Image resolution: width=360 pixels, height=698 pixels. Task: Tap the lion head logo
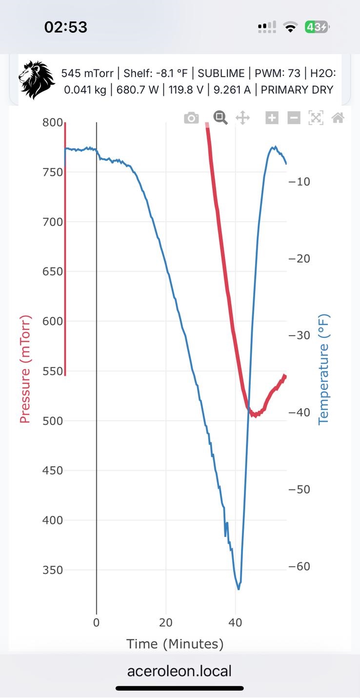37,81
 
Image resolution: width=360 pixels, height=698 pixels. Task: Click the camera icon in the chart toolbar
191,118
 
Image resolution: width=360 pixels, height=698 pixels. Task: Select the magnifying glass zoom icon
220,118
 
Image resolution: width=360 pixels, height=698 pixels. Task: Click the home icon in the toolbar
338,118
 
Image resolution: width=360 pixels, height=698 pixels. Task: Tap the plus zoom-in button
272,118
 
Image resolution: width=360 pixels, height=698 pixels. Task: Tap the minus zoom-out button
294,118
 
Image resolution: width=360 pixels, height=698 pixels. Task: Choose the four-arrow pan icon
242,118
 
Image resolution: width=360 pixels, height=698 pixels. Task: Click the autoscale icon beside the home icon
316,118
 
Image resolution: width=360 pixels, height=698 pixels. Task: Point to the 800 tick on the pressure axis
53,123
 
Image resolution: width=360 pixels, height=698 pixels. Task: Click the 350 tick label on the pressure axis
53,570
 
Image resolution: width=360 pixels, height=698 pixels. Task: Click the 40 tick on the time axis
236,623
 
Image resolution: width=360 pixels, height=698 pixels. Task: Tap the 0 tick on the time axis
97,623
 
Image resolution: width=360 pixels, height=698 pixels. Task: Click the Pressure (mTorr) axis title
25,369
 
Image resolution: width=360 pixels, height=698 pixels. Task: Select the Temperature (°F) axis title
324,369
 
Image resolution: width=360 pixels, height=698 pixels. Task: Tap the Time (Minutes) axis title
175,644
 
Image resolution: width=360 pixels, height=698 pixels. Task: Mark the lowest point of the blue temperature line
239,589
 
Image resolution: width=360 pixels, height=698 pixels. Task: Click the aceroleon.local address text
180,671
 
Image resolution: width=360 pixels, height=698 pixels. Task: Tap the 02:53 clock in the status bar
66,27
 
